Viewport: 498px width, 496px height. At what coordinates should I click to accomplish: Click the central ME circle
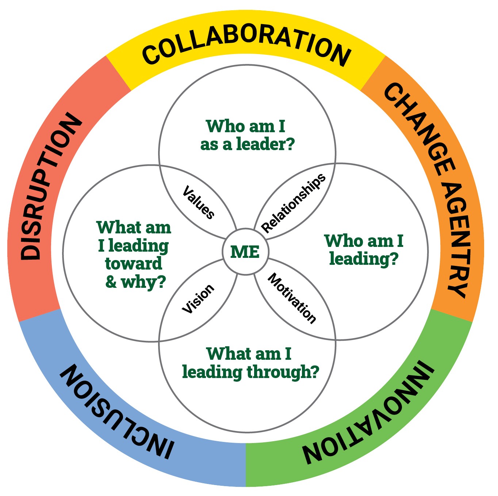pyautogui.click(x=245, y=252)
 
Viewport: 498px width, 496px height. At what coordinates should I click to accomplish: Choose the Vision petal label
pyautogui.click(x=198, y=299)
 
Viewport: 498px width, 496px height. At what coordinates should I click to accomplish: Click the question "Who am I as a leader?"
pyautogui.click(x=247, y=135)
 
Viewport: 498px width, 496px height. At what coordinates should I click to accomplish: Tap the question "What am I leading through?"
pyautogui.click(x=250, y=363)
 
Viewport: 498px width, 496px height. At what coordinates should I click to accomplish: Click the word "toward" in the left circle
pyautogui.click(x=134, y=263)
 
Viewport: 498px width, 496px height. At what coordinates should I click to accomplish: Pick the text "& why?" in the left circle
pyautogui.click(x=135, y=282)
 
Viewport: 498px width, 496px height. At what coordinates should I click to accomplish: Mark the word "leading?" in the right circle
pyautogui.click(x=364, y=259)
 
